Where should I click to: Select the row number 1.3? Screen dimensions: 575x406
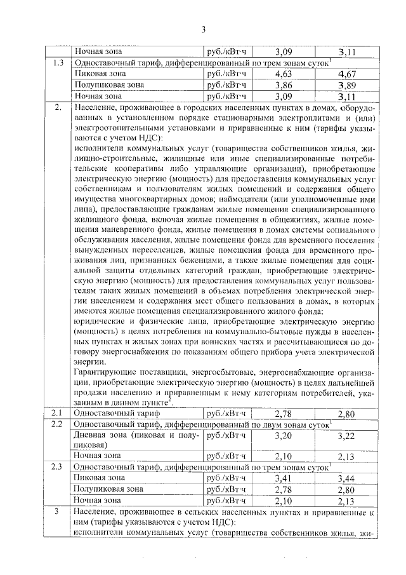58,63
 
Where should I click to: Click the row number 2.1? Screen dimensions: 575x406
58,414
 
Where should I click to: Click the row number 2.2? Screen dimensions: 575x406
58,424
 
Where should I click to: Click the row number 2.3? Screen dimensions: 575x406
58,466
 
